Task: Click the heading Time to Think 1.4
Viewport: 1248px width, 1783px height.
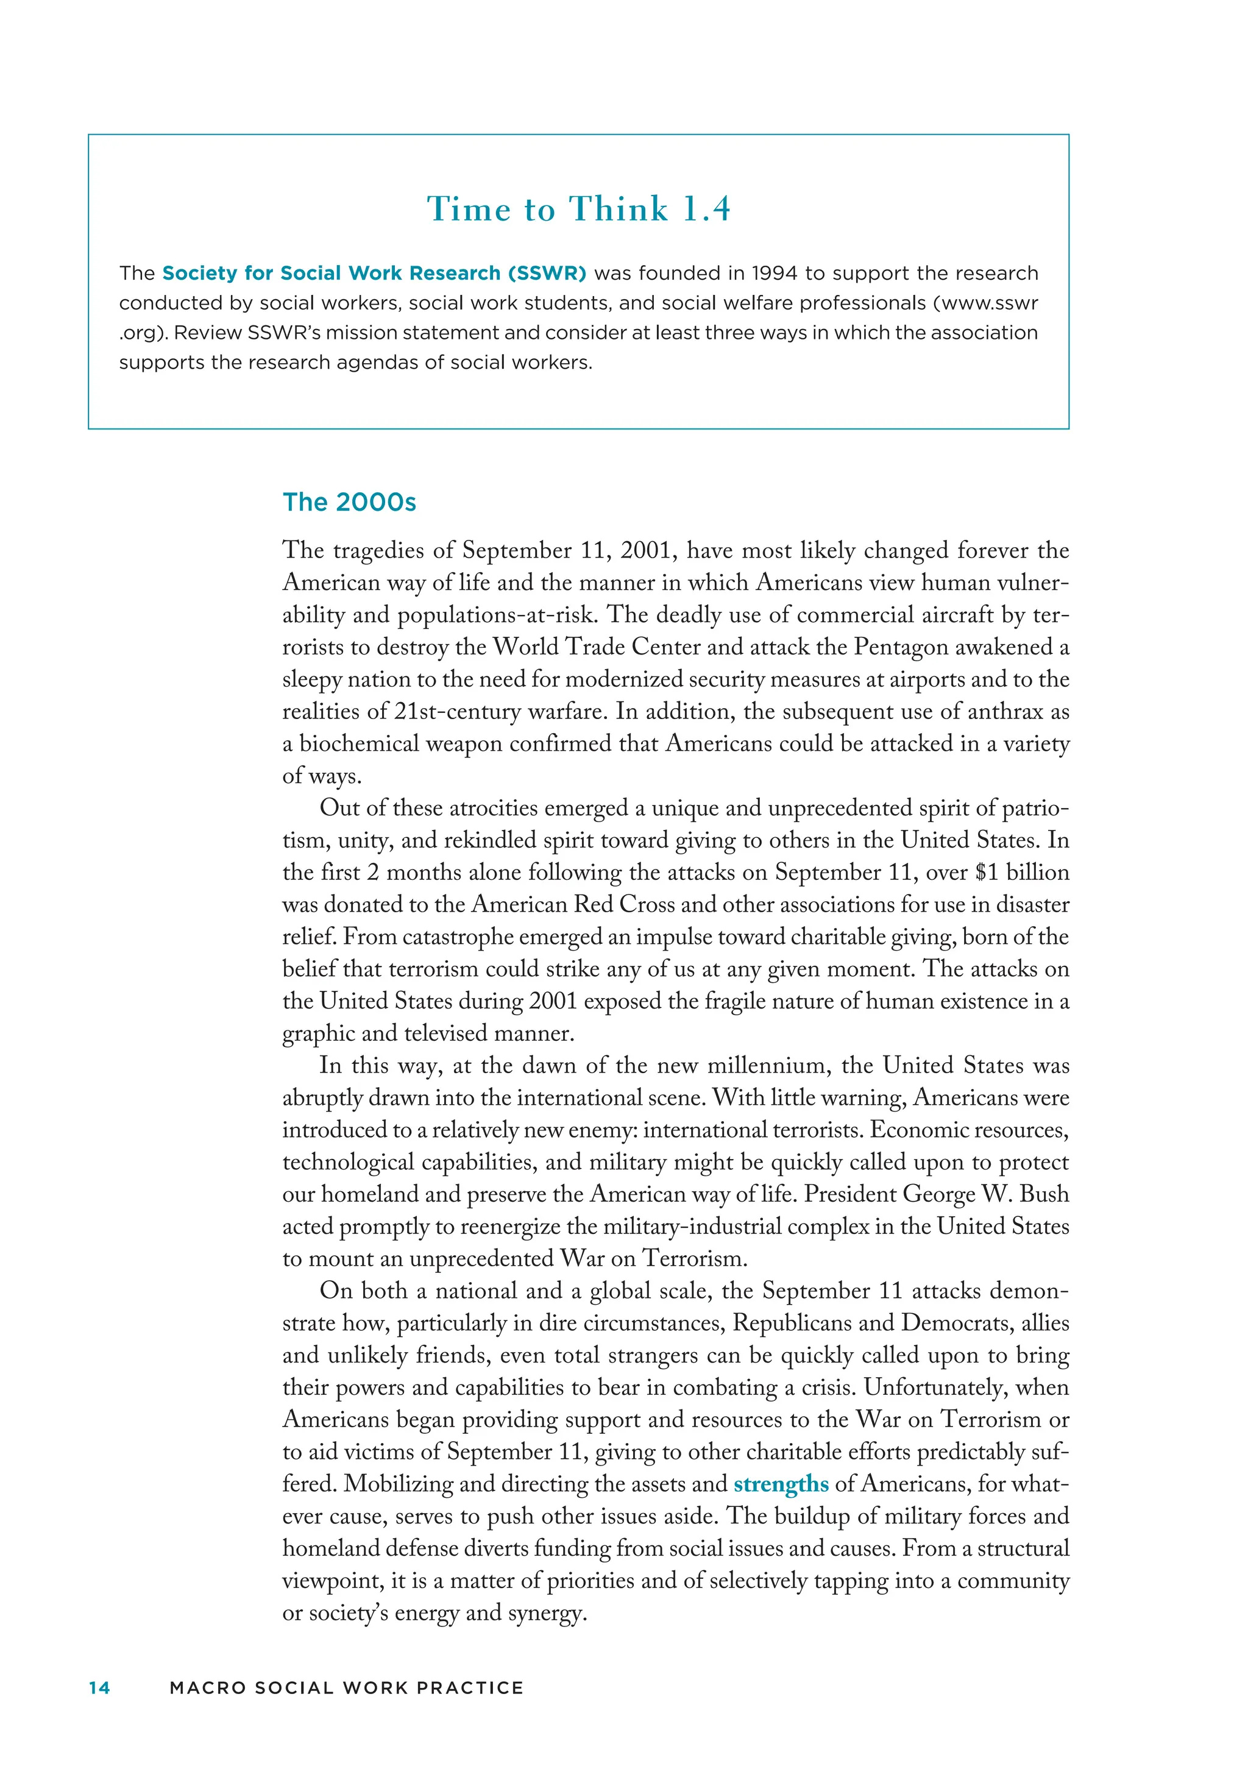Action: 578,209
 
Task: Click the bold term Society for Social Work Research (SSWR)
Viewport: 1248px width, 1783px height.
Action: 374,274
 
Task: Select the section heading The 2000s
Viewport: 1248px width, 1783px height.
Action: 349,503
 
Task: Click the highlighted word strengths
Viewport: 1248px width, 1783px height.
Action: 781,1484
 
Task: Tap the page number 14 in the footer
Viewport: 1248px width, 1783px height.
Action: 99,1689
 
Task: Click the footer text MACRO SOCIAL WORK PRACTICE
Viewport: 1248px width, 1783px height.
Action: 346,1689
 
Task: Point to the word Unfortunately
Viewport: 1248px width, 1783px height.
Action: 935,1388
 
